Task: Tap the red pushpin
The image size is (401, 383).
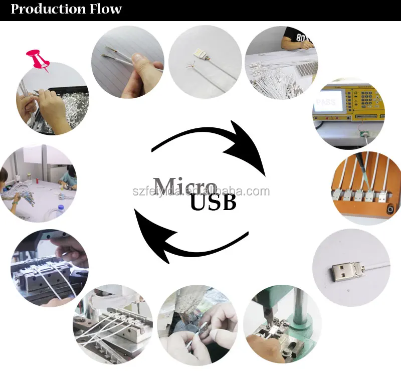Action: pyautogui.click(x=39, y=60)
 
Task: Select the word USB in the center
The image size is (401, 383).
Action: pyautogui.click(x=213, y=204)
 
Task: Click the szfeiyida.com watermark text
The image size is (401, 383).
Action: pyautogui.click(x=200, y=192)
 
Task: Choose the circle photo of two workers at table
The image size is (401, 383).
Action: pyautogui.click(x=39, y=183)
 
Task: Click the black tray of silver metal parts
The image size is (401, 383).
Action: pyautogui.click(x=70, y=106)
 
